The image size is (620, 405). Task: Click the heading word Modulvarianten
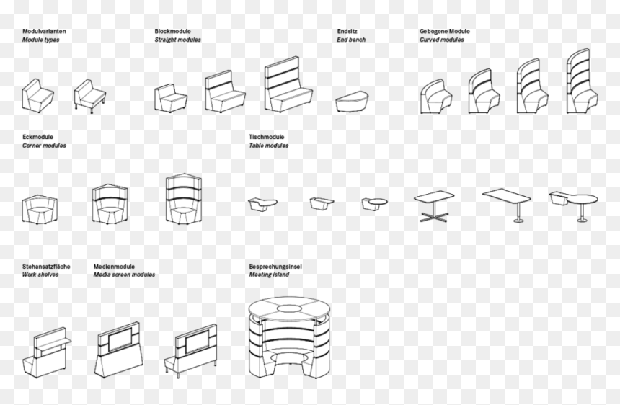(44, 31)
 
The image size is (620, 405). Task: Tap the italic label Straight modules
(177, 40)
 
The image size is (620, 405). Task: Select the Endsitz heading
(347, 31)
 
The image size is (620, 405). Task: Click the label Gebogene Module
(444, 31)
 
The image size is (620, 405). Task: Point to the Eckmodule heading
(37, 137)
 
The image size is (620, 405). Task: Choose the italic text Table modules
(268, 146)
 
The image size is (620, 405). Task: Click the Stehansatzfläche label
(46, 267)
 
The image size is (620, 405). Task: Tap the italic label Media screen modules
(124, 275)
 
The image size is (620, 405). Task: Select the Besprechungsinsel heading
(275, 267)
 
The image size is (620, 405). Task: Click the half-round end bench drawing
(352, 102)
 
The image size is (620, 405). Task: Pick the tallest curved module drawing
(582, 81)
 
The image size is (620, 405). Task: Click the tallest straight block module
(288, 84)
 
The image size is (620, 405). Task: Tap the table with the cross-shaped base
(434, 206)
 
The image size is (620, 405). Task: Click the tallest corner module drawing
(184, 199)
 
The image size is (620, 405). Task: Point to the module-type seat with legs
(90, 96)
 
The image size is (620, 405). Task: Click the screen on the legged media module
(197, 342)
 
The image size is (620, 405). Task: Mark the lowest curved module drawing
(436, 97)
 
